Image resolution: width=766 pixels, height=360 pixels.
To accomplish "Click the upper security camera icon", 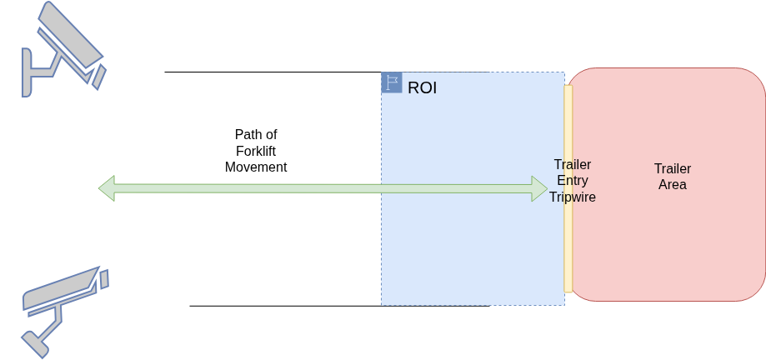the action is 63,49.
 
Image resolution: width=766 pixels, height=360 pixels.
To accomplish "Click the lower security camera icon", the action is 64,312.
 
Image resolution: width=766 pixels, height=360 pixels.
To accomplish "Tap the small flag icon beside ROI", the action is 392,82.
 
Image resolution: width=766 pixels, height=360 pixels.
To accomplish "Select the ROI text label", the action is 422,88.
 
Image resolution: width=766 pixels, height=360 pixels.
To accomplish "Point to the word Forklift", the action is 256,151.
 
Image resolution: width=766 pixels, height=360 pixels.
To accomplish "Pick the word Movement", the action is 256,167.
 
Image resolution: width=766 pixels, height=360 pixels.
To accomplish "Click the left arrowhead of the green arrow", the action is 107,188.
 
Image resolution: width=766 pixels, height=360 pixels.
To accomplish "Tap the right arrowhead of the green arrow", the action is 540,188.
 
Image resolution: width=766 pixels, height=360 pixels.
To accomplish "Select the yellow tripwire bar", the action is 568,188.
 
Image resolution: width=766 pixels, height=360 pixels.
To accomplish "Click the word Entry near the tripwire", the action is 573,181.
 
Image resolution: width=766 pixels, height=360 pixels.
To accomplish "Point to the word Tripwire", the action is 573,197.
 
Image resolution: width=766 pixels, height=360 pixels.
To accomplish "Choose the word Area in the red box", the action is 673,185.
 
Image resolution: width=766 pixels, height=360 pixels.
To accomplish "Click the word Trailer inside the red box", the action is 673,168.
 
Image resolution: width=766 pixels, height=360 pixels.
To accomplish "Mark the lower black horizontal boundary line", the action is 339,307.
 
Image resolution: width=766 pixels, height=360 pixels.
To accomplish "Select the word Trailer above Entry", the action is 573,164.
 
